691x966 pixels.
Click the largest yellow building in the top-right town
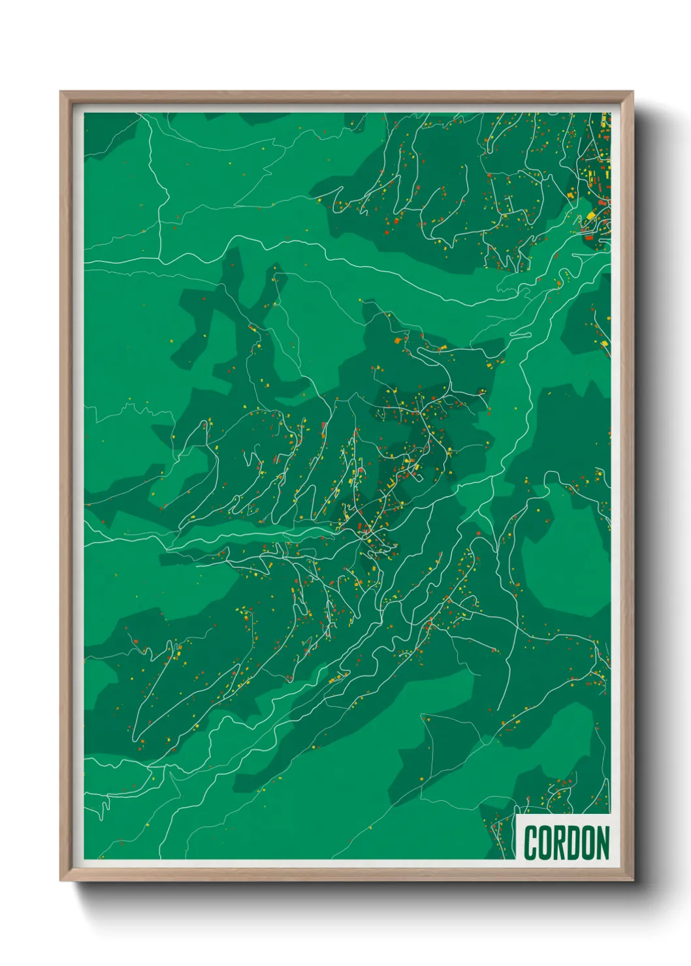pyautogui.click(x=591, y=215)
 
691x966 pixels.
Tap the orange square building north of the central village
pyautogui.click(x=397, y=340)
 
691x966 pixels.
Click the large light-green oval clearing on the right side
pyautogui.click(x=565, y=561)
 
